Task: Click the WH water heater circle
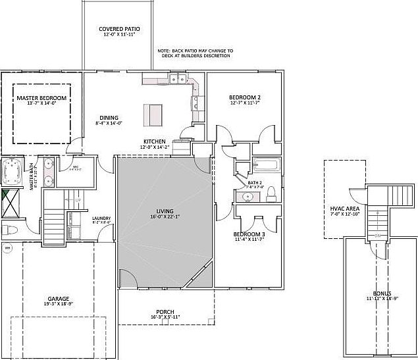(x=8, y=248)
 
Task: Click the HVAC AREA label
(x=342, y=209)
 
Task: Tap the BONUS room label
(x=381, y=293)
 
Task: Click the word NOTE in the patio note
(x=164, y=50)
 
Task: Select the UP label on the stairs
(x=79, y=199)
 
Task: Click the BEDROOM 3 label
(x=249, y=234)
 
